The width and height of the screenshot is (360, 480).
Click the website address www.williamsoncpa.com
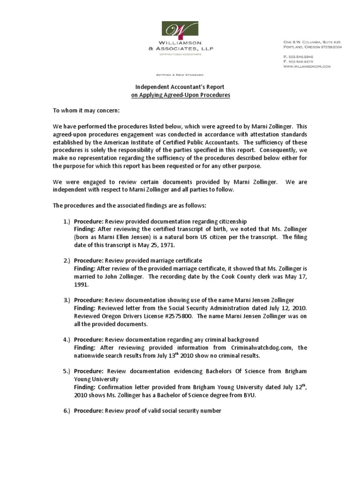click(307, 67)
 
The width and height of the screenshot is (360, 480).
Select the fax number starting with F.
click(298, 61)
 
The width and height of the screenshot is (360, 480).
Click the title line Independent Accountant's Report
click(180, 87)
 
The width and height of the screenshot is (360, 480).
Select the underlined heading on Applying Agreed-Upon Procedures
click(180, 95)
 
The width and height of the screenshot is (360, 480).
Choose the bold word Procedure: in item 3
click(89, 300)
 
